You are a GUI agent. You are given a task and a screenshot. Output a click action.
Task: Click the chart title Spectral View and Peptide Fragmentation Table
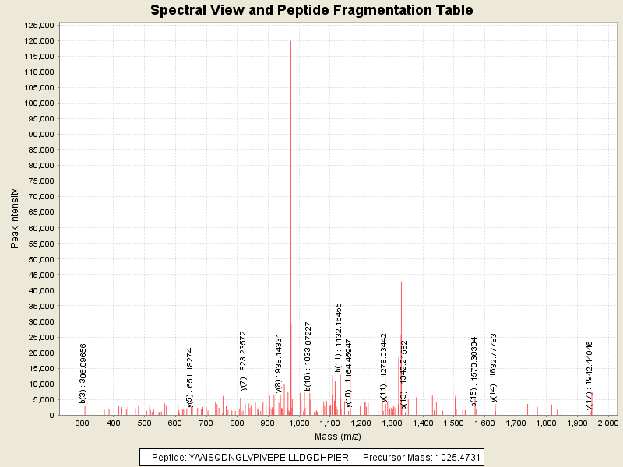pyautogui.click(x=311, y=10)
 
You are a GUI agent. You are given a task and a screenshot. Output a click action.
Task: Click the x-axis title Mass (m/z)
pyautogui.click(x=333, y=437)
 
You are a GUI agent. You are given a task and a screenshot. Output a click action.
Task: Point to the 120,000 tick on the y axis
pyautogui.click(x=37, y=40)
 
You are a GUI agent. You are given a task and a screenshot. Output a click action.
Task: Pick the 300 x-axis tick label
pyautogui.click(x=83, y=423)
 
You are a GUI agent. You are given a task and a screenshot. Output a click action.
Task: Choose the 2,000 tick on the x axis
pyautogui.click(x=607, y=423)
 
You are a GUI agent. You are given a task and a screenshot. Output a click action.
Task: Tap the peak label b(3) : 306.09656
pyautogui.click(x=83, y=373)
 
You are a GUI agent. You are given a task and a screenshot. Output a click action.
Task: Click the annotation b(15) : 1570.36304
pyautogui.click(x=474, y=370)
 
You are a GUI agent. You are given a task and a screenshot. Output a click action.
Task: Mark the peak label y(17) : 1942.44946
pyautogui.click(x=590, y=374)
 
